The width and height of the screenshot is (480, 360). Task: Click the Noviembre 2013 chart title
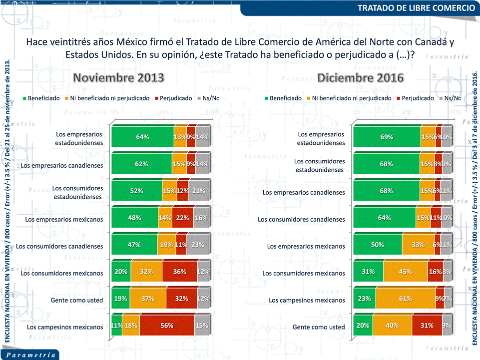[x=119, y=78]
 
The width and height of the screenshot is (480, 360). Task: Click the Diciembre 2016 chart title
[x=361, y=78]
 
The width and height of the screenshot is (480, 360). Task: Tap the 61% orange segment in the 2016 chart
[x=406, y=299]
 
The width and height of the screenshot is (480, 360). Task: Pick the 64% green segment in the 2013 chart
[x=143, y=137]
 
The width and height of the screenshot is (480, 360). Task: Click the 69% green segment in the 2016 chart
[x=387, y=137]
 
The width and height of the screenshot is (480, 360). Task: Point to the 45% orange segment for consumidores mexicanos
[x=406, y=272]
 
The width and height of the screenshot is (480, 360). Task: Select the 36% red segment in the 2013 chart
[x=179, y=272]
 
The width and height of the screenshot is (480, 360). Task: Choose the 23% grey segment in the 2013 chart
[x=198, y=245]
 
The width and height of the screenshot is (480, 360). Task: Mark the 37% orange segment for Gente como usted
[x=148, y=299]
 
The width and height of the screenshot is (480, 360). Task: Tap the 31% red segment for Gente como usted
[x=427, y=326]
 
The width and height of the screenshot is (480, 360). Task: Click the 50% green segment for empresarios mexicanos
[x=378, y=245]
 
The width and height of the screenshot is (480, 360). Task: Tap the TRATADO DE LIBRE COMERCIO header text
[x=416, y=8]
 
